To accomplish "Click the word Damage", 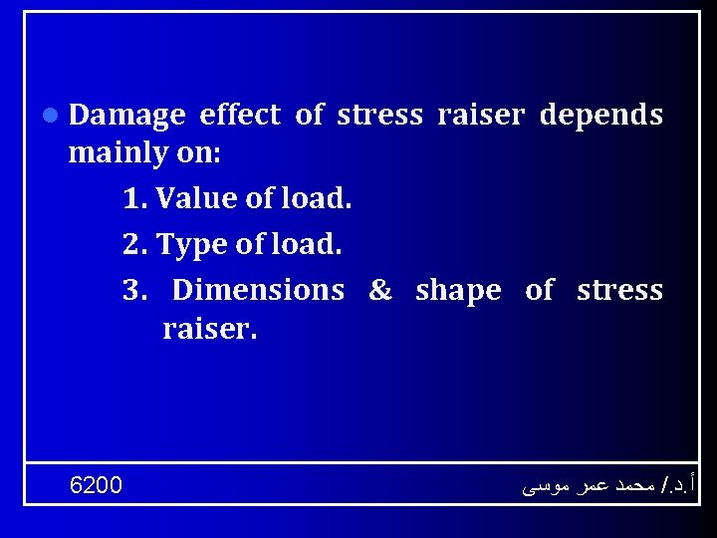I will (x=126, y=117).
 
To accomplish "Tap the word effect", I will (x=240, y=116).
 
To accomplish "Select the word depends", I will (x=600, y=116).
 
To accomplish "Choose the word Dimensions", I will (x=258, y=290).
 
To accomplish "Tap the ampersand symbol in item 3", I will (x=380, y=291).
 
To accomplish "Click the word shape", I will (x=458, y=291).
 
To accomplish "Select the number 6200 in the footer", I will (x=97, y=485).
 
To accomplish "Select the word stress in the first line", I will (x=380, y=116).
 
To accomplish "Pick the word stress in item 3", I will (x=619, y=291).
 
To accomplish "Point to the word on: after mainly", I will (x=198, y=155).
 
